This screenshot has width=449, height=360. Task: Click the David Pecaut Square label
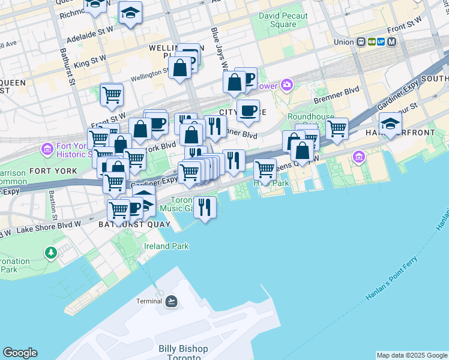coord(283,20)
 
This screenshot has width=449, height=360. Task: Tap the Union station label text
coord(344,42)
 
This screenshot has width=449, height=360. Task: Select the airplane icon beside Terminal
coord(172,301)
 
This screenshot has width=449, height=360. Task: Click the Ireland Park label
coord(166,246)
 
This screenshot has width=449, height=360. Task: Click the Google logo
coord(20,353)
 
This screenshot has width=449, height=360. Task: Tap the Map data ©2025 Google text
coord(412,355)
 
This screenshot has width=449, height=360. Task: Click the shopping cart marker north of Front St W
coord(112,94)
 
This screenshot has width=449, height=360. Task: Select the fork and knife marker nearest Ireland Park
coord(205,207)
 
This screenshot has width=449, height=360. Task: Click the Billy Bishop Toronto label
coord(183,352)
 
